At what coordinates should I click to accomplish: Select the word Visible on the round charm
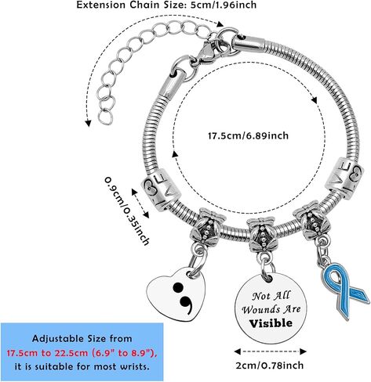click(x=271, y=323)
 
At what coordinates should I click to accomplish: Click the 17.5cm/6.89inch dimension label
click(x=248, y=136)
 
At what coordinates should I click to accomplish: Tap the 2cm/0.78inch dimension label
click(x=270, y=366)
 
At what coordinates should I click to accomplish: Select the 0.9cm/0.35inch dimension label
click(x=126, y=211)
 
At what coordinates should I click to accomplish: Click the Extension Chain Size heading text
click(x=166, y=5)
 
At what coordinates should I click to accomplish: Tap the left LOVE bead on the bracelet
click(x=161, y=189)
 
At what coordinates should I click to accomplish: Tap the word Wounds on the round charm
click(x=260, y=310)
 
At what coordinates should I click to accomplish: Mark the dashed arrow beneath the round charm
click(x=270, y=351)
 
